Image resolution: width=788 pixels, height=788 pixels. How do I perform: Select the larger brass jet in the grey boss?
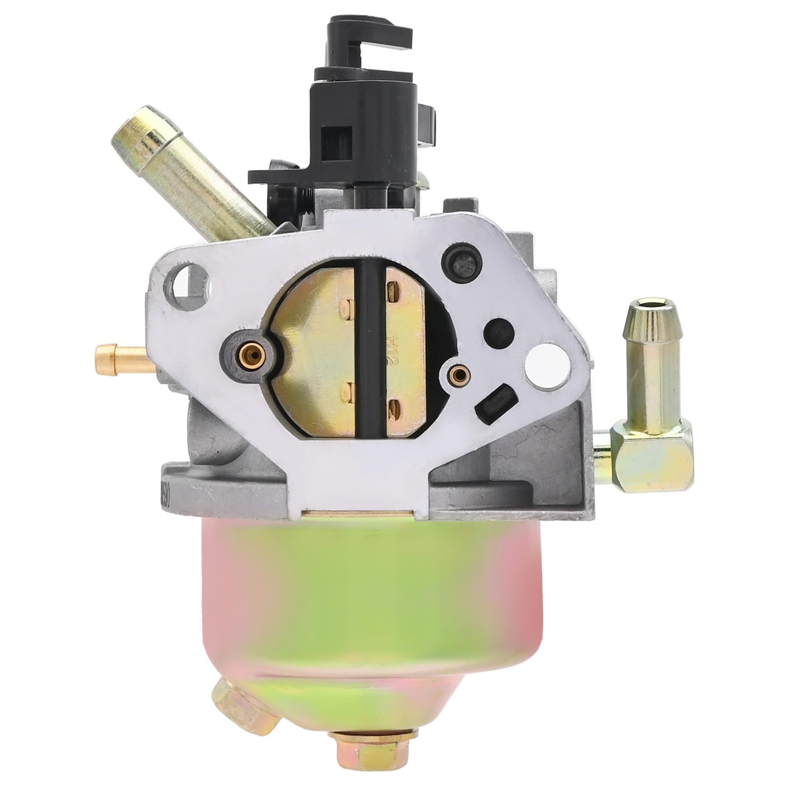pyautogui.click(x=250, y=351)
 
